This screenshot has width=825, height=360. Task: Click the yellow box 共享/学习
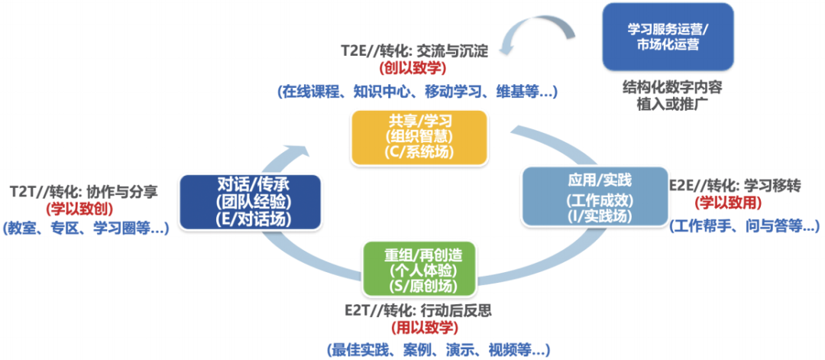coord(419,138)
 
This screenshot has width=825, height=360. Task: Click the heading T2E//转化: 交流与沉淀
coord(414,51)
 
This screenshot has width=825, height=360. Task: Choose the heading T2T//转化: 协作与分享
coord(84,190)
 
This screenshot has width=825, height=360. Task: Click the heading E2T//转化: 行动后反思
coord(424,311)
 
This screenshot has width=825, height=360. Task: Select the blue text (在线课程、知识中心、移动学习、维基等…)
coord(417,92)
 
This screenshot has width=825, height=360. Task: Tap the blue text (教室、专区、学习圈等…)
coord(86,227)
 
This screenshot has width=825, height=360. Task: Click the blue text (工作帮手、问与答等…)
coord(744,225)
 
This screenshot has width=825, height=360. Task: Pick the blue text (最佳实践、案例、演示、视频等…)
coord(438,350)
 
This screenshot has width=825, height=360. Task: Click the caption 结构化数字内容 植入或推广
coord(672,95)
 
